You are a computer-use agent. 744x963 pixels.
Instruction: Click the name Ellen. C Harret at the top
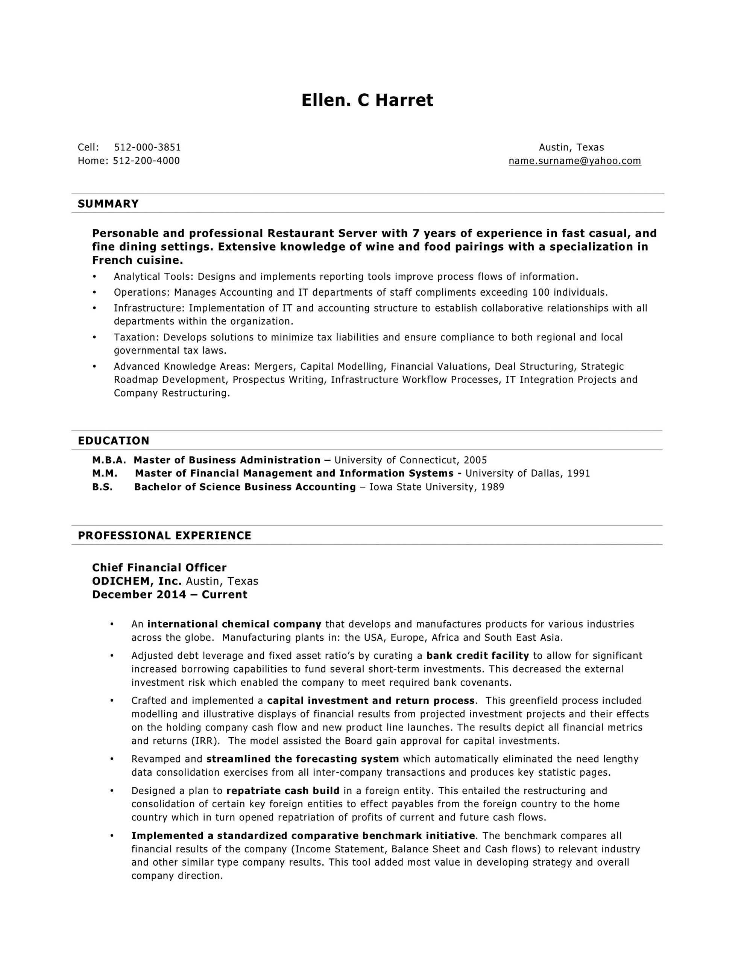[367, 100]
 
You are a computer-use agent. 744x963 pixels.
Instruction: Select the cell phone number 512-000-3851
[147, 147]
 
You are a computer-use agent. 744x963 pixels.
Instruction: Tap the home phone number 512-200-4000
[146, 161]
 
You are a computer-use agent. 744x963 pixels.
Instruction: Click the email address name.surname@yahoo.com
[574, 161]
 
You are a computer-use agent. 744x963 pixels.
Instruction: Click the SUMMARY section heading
[108, 204]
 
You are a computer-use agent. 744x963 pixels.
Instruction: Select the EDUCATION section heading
[113, 440]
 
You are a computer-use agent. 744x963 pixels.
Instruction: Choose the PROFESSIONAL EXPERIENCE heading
[164, 535]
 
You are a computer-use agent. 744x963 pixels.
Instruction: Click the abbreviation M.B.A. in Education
[109, 460]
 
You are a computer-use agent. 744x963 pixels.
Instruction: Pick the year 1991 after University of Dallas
[578, 474]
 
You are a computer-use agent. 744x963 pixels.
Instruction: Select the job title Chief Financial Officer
[159, 568]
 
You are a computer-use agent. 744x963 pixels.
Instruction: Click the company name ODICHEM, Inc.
[137, 581]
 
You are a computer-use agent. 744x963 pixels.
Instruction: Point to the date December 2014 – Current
[169, 595]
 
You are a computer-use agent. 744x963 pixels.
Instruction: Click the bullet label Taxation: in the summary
[137, 337]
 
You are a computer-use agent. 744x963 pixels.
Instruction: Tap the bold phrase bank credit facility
[477, 656]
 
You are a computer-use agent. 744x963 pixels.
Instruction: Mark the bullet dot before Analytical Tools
[94, 277]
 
